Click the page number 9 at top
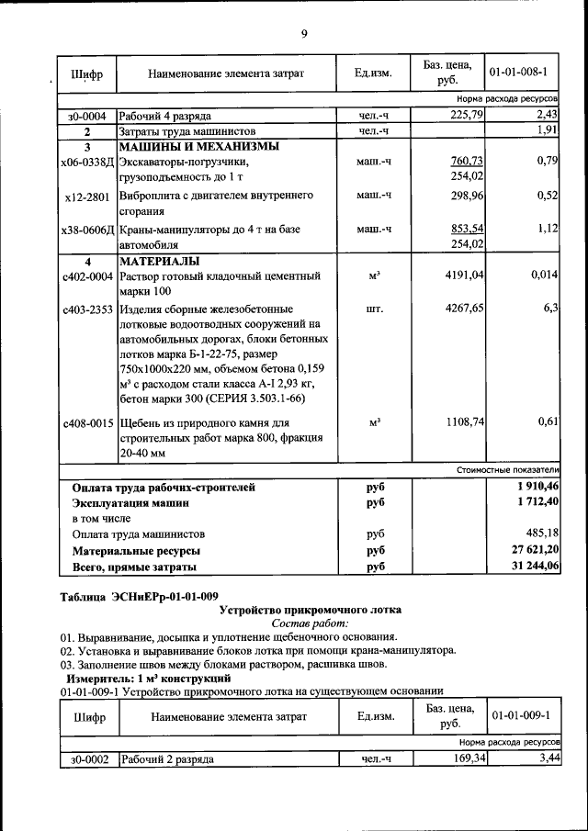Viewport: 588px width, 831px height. [x=303, y=35]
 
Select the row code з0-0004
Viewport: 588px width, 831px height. [x=87, y=117]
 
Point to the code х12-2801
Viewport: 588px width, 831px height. [x=87, y=197]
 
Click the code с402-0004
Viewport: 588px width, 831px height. [x=87, y=276]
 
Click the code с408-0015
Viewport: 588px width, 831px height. [x=87, y=423]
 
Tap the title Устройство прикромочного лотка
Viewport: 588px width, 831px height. [x=311, y=610]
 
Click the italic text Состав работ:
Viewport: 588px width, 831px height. [x=311, y=623]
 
